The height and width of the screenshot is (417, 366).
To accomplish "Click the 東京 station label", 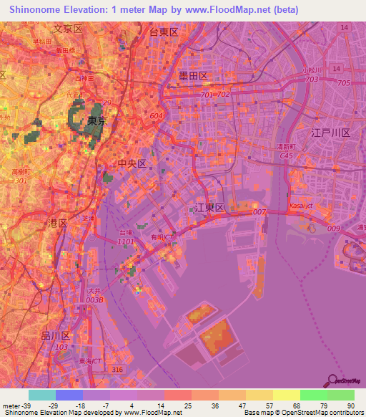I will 97,121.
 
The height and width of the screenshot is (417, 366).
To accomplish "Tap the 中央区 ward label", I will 132,164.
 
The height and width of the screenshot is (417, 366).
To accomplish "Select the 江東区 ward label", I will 209,207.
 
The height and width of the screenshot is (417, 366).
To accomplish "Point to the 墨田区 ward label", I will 193,75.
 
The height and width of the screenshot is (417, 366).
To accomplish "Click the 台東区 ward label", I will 163,32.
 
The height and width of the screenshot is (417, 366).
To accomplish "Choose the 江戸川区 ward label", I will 331,133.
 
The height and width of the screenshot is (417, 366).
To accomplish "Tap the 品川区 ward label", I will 55,335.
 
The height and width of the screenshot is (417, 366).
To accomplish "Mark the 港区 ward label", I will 57,224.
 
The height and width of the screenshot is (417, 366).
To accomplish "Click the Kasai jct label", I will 301,206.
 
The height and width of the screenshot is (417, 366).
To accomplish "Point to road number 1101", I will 125,242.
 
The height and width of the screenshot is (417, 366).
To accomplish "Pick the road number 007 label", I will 259,212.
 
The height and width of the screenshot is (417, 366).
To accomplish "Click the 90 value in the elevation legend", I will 350,405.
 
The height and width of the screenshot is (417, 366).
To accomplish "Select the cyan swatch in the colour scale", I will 41,395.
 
